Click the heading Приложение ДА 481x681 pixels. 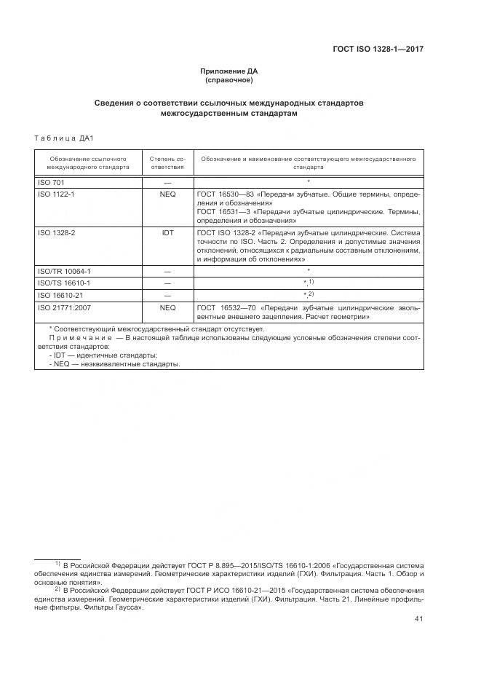(229, 71)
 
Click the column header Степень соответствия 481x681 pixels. (167, 162)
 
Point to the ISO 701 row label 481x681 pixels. (51, 181)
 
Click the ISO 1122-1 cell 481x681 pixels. (56, 194)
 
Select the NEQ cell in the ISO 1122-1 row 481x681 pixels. (167, 194)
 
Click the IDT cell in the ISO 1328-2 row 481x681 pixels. (167, 233)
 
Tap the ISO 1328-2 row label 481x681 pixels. (56, 233)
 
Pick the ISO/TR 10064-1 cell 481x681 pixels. (64, 270)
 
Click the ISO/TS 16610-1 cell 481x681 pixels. (63, 283)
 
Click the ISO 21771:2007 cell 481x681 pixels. (63, 307)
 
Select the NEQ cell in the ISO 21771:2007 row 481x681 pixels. (167, 307)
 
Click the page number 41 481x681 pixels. (418, 619)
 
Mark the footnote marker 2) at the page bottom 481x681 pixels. (57, 588)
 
